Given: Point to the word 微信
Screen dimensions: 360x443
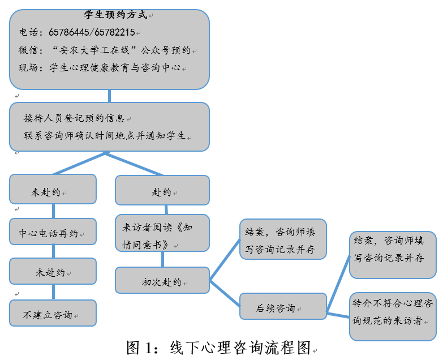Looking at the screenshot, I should (28, 50).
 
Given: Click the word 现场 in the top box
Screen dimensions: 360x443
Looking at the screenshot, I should (28, 68).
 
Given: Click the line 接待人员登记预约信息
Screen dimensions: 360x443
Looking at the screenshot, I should (74, 118).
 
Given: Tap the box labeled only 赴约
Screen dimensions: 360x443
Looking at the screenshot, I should (162, 191).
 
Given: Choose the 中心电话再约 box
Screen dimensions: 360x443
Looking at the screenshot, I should (53, 232).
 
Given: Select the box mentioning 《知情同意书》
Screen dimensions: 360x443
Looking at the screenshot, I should (162, 235).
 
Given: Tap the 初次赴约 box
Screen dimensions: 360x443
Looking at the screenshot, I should (162, 281).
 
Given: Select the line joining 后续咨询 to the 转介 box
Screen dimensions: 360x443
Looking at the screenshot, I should (338, 314).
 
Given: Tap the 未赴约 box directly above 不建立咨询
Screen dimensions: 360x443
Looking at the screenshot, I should (53, 272).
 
